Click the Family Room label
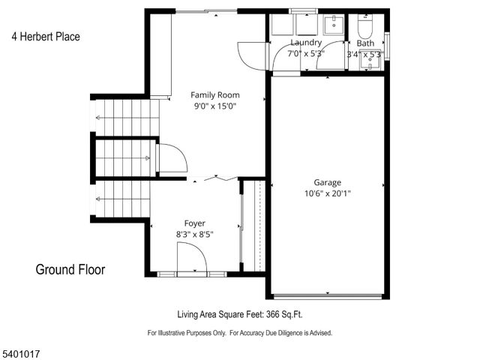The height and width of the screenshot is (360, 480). click(x=214, y=94)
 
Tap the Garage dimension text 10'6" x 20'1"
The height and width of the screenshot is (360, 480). click(x=327, y=193)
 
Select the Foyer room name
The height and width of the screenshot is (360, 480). click(x=195, y=223)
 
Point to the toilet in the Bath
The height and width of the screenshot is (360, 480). click(x=365, y=29)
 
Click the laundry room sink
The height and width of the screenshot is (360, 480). click(x=332, y=26)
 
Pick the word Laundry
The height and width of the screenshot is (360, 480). click(x=306, y=43)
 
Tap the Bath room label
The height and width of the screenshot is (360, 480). click(x=365, y=43)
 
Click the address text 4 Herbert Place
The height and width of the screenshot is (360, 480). click(x=45, y=36)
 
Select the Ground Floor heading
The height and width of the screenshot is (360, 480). click(x=70, y=269)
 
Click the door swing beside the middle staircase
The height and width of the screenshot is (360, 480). click(x=169, y=158)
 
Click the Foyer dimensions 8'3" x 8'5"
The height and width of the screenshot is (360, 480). click(x=195, y=234)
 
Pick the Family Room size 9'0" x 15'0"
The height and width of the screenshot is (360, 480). click(x=214, y=106)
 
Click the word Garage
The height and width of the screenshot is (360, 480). click(x=327, y=182)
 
